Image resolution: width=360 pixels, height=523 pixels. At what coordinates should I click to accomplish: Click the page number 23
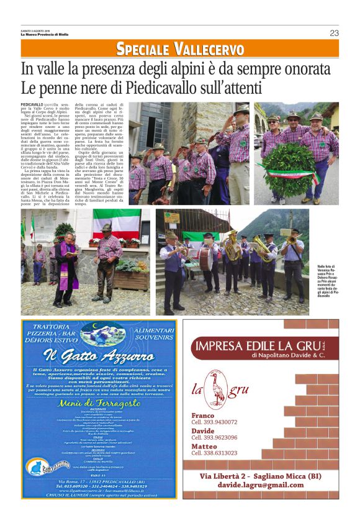pos(334,32)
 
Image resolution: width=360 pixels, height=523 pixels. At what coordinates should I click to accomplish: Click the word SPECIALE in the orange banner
pos(144,49)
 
